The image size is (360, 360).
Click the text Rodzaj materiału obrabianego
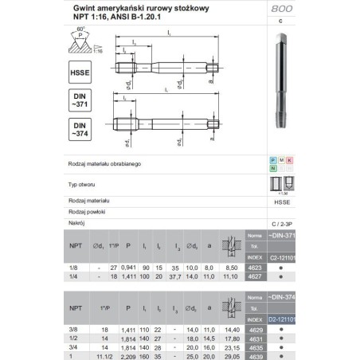pos(105,163)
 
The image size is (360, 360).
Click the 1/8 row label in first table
pos(73,270)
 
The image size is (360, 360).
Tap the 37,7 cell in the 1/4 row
pos(175,277)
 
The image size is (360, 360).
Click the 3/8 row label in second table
pos(73,328)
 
